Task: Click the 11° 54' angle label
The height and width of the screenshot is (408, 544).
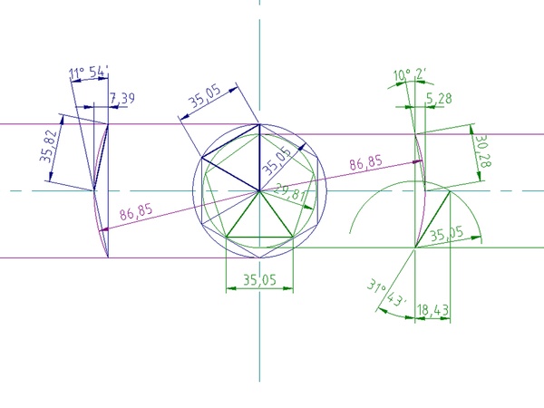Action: (x=89, y=73)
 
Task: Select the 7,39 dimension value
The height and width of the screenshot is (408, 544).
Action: (x=122, y=99)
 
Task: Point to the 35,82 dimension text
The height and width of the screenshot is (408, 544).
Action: (x=48, y=146)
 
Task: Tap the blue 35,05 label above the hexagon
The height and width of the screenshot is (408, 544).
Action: (x=205, y=96)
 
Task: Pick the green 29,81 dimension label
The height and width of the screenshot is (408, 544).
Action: (x=290, y=193)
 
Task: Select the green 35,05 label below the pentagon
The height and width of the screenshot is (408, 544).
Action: (x=259, y=279)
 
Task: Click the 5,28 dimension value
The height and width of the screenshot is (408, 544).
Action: (x=439, y=99)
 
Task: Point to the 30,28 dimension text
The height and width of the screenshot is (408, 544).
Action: (x=483, y=151)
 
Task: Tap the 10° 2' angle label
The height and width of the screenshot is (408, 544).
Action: (x=410, y=74)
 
